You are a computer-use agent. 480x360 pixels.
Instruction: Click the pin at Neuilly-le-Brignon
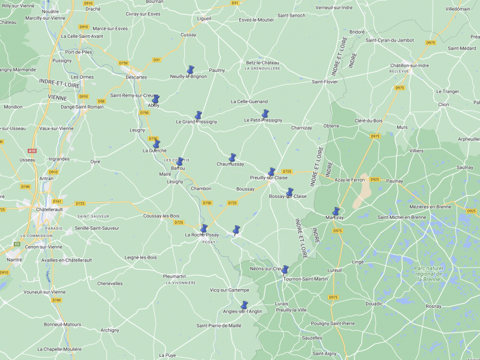coord(190,70)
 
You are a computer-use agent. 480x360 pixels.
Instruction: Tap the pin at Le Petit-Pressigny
coord(265,113)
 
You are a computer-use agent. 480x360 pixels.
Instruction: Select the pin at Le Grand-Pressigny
coord(198,115)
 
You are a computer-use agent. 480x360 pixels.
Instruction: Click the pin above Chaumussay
coord(232,157)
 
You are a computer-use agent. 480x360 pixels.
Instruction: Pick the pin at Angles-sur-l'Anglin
coord(244,305)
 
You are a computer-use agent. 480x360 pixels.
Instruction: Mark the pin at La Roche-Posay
coord(203,229)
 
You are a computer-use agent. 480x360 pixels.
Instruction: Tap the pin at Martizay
coord(336,211)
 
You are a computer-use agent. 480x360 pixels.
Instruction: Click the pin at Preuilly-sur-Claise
coord(271,172)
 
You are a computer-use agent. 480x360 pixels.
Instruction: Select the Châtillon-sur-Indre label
coord(409,65)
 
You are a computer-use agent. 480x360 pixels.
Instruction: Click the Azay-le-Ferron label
coord(350,180)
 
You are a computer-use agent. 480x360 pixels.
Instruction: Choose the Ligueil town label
coord(204,19)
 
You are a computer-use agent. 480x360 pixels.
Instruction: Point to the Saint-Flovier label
coord(325,82)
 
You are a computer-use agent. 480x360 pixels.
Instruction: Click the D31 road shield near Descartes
coord(157,59)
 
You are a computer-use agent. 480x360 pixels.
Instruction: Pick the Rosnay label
coord(433,306)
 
